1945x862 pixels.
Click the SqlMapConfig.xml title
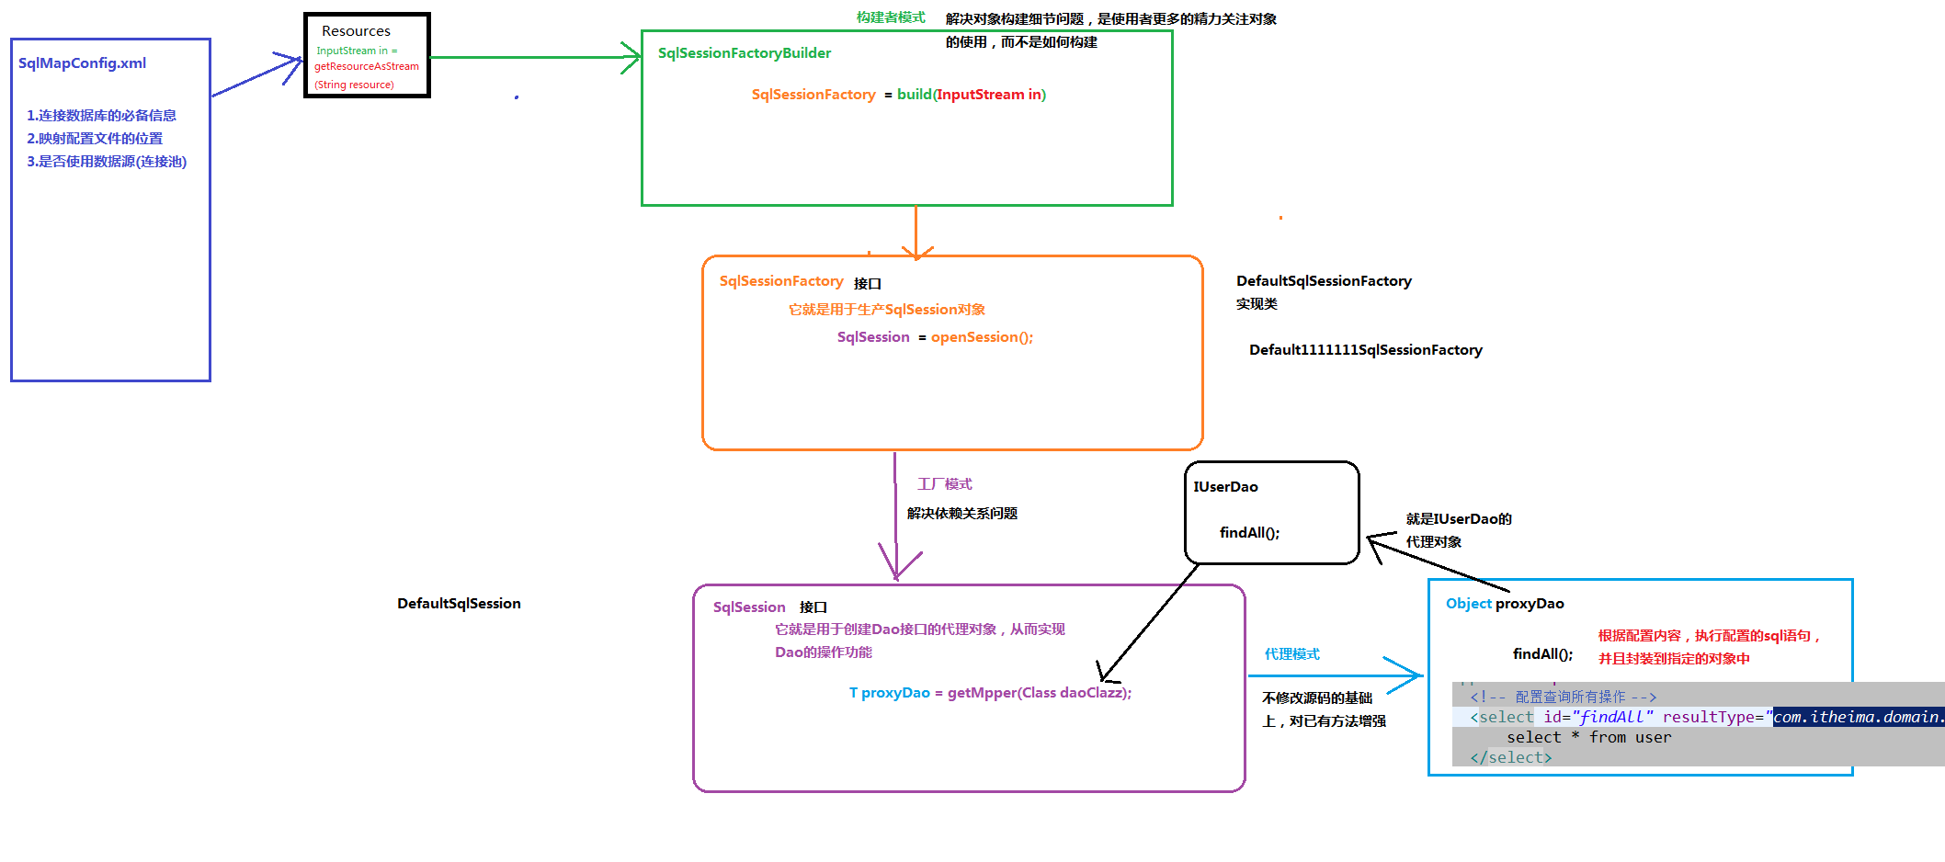(x=82, y=63)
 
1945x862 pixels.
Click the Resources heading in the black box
(x=356, y=31)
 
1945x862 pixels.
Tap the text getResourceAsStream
(x=366, y=66)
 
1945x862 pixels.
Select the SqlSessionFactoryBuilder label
(x=744, y=53)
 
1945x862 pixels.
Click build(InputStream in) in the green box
(x=971, y=95)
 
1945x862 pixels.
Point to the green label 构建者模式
(x=890, y=17)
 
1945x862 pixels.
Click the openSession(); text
(x=982, y=337)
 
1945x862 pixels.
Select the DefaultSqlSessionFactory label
(x=1323, y=281)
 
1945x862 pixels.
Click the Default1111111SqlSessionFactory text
(x=1365, y=350)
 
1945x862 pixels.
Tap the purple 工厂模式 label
(x=944, y=484)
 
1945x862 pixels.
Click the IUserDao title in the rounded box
(x=1225, y=487)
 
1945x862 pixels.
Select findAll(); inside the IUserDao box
(x=1249, y=533)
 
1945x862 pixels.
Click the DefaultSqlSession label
(x=459, y=604)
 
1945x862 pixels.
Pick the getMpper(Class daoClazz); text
(x=1039, y=693)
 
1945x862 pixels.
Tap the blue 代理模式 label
(x=1291, y=654)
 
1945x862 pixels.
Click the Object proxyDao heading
(x=1504, y=604)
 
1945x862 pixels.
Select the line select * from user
(x=1588, y=737)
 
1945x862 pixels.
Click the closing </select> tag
(x=1510, y=757)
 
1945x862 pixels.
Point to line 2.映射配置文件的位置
(x=95, y=139)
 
